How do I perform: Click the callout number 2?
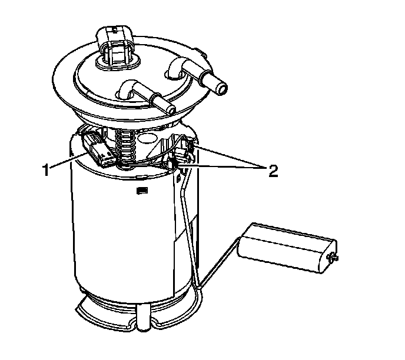(273, 171)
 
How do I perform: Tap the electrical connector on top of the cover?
(116, 46)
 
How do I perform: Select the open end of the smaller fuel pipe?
(171, 110)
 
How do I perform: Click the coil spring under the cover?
(125, 148)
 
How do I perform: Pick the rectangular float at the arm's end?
(287, 248)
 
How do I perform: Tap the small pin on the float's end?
(333, 258)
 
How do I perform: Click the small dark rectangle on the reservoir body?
(142, 191)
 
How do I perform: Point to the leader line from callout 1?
(68, 160)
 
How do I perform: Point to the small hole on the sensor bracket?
(178, 178)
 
